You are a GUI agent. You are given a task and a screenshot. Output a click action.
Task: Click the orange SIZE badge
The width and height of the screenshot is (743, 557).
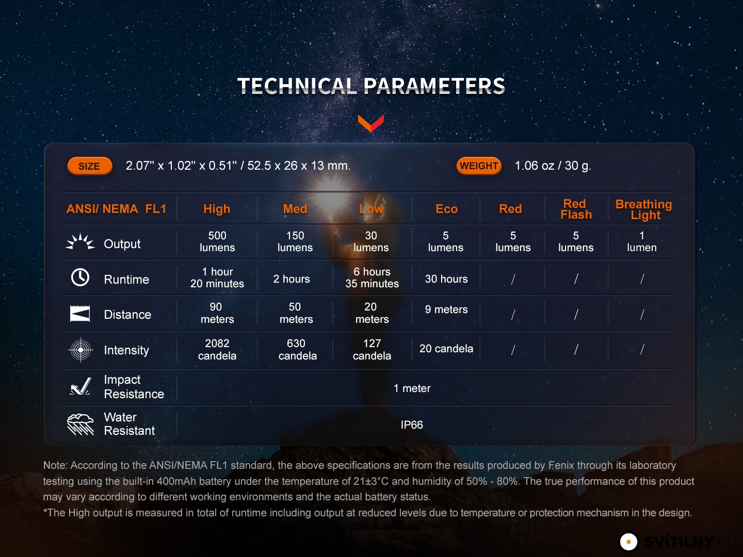(x=90, y=166)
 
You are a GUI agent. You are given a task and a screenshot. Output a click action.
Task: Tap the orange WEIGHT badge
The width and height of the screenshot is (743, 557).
(x=479, y=166)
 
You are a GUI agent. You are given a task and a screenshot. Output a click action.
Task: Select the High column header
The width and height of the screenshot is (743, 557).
(x=217, y=209)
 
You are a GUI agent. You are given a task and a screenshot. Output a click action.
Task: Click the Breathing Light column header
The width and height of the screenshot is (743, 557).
(x=643, y=209)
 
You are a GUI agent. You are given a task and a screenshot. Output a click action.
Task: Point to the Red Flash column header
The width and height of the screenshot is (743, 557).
(x=576, y=209)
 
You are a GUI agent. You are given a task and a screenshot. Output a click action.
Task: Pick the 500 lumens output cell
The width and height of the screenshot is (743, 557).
(x=217, y=241)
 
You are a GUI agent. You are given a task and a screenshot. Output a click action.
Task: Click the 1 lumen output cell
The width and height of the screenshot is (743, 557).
(x=642, y=241)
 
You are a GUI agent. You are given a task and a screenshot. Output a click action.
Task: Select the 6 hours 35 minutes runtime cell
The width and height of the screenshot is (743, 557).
(x=372, y=277)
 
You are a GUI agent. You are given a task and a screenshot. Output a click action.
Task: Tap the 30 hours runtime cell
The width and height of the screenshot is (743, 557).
(x=446, y=278)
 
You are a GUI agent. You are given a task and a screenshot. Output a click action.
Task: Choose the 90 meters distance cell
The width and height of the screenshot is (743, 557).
(x=217, y=313)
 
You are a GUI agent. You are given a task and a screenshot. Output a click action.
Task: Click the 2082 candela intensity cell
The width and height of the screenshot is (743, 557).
(x=217, y=349)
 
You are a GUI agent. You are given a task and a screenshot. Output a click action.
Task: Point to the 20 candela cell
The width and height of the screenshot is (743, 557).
(x=446, y=348)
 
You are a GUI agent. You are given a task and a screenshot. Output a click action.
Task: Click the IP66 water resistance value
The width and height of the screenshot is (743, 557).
(x=412, y=425)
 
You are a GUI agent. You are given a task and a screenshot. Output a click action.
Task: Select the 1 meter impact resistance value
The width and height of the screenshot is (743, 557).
(x=412, y=388)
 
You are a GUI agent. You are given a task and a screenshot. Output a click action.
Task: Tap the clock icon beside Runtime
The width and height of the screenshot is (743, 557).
(x=80, y=277)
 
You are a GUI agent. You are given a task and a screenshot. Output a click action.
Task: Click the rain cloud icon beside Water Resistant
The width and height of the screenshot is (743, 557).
(x=80, y=424)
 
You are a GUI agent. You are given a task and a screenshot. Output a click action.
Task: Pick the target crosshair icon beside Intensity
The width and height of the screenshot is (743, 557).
(x=80, y=350)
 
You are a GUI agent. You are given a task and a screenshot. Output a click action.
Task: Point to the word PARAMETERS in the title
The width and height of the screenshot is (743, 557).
(x=434, y=86)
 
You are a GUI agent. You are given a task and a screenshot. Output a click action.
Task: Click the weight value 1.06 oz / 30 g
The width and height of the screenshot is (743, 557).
(x=553, y=166)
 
